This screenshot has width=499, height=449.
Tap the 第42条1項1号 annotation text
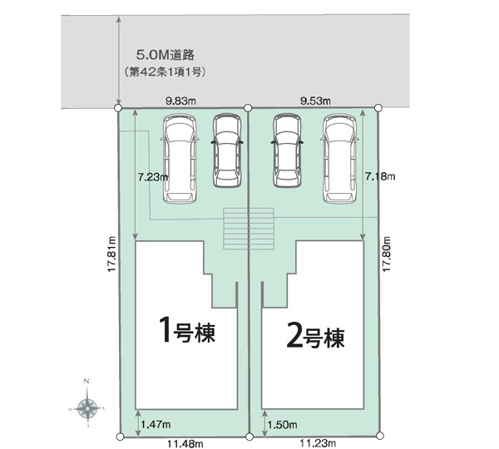[164, 73]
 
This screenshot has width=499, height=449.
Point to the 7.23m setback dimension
[154, 177]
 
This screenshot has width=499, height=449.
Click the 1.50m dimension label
[280, 425]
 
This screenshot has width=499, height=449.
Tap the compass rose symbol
[87, 407]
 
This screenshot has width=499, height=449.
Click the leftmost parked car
[180, 158]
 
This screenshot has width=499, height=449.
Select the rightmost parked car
[340, 158]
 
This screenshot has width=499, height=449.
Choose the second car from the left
[227, 150]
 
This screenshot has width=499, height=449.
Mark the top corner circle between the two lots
[248, 107]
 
